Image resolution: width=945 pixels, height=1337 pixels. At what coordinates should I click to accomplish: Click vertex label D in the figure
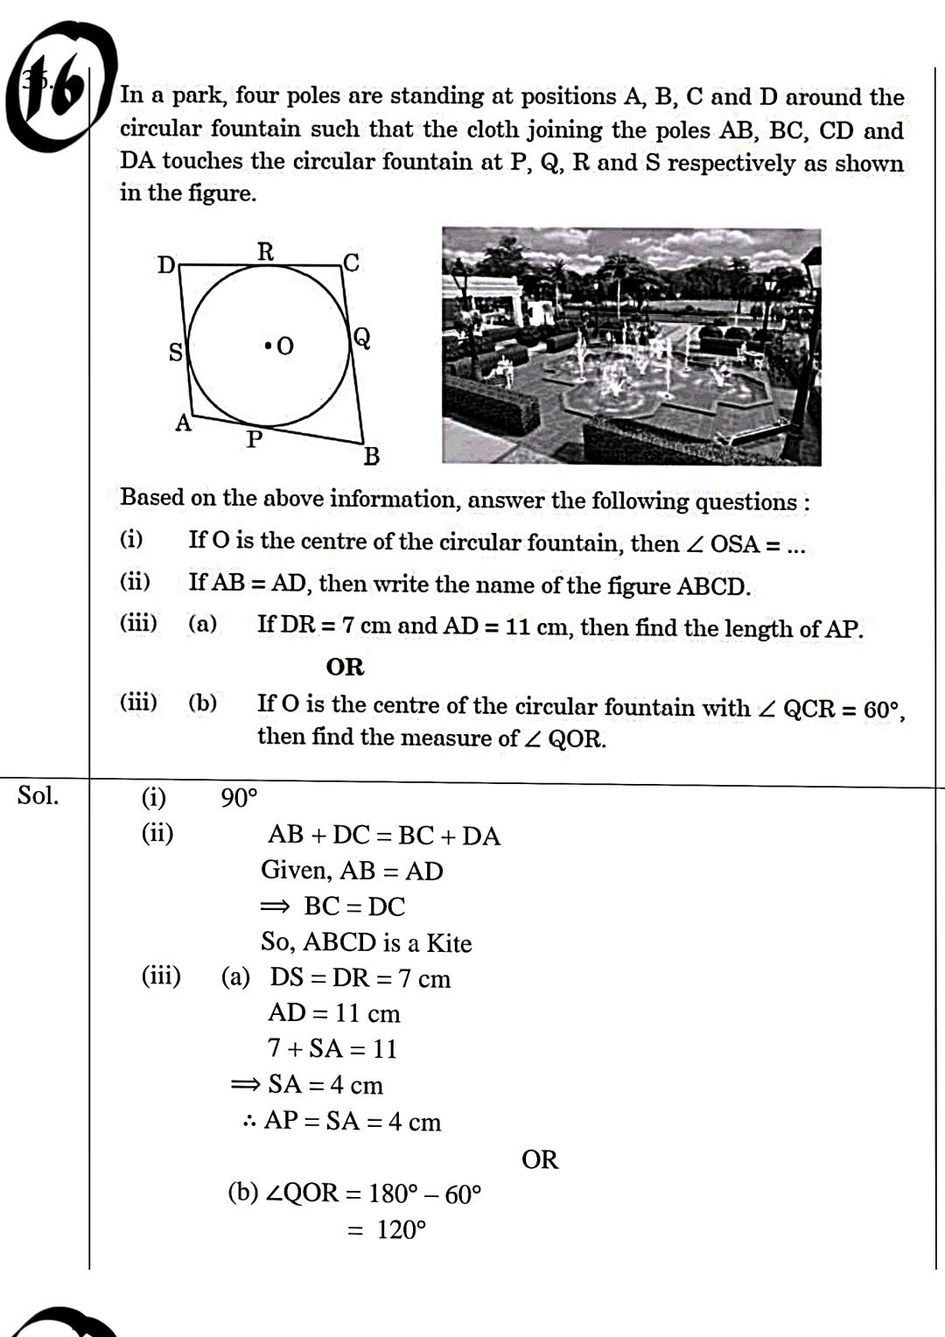click(165, 264)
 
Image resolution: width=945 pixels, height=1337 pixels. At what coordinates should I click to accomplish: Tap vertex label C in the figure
click(351, 262)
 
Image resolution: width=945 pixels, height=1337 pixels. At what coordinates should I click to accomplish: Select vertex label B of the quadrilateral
click(372, 456)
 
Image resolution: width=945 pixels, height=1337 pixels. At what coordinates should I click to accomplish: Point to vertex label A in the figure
click(183, 423)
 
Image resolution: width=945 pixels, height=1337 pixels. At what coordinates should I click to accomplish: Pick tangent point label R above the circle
click(265, 252)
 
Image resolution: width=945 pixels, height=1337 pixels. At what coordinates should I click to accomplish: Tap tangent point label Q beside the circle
click(361, 338)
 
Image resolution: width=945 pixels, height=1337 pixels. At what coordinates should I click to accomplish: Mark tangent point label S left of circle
click(176, 353)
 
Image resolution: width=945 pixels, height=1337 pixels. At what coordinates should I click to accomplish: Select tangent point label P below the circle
click(254, 439)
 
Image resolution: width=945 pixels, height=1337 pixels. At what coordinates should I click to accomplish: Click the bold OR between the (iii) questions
click(345, 667)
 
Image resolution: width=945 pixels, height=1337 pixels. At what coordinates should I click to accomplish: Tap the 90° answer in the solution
click(239, 798)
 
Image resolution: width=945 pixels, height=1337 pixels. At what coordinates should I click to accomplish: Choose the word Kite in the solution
click(449, 943)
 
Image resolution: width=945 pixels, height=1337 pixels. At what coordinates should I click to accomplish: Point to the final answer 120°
click(401, 1230)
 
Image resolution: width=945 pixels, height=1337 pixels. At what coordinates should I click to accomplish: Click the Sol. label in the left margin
click(38, 795)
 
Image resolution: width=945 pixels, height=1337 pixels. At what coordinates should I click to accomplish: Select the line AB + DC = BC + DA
click(384, 836)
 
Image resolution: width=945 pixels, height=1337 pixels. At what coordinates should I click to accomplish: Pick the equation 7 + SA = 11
click(332, 1048)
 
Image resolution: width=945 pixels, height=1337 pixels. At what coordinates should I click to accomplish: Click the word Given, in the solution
click(297, 871)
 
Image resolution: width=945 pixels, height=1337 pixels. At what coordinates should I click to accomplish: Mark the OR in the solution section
click(539, 1159)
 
